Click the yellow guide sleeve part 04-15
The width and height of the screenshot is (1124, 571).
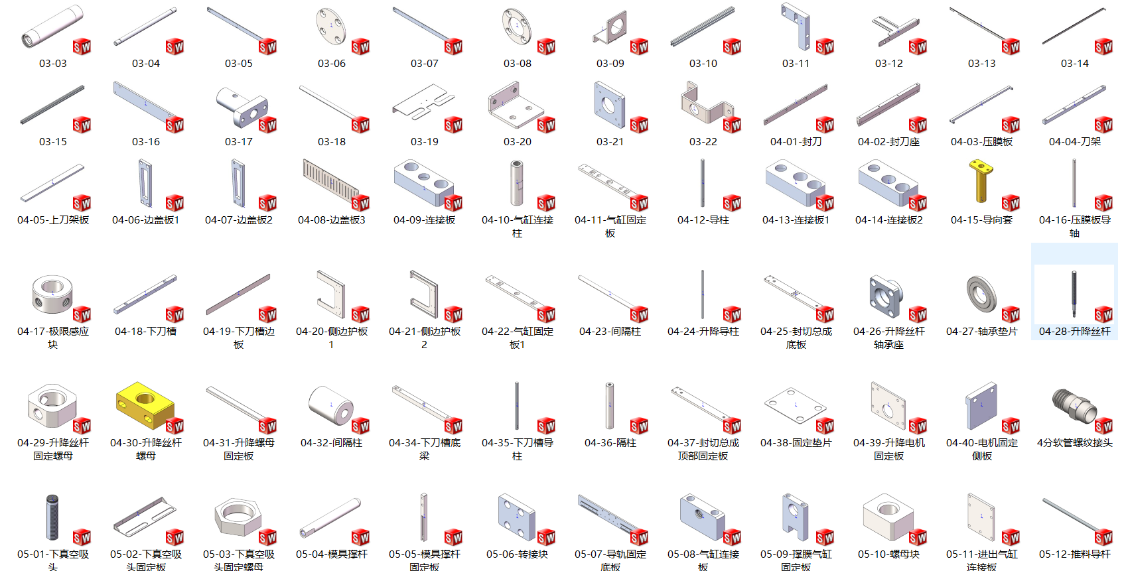[981, 180]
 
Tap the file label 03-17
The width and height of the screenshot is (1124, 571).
[239, 141]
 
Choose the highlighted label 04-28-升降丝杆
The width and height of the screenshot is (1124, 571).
[1074, 331]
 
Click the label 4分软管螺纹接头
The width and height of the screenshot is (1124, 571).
[1074, 442]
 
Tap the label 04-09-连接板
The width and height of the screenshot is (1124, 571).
[425, 220]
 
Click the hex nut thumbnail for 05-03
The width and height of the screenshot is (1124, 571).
[237, 516]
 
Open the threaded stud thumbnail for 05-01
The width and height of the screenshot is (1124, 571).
[52, 517]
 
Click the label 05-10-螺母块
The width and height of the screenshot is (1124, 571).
[889, 554]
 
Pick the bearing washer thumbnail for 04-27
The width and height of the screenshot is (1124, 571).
[981, 294]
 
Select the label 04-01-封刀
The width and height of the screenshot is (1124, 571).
[796, 141]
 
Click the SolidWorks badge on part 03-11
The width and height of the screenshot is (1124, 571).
[825, 46]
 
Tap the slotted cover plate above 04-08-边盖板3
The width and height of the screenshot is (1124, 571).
[329, 179]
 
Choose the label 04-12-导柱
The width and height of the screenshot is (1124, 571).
[703, 220]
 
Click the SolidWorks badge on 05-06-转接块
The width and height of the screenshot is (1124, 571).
[546, 537]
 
